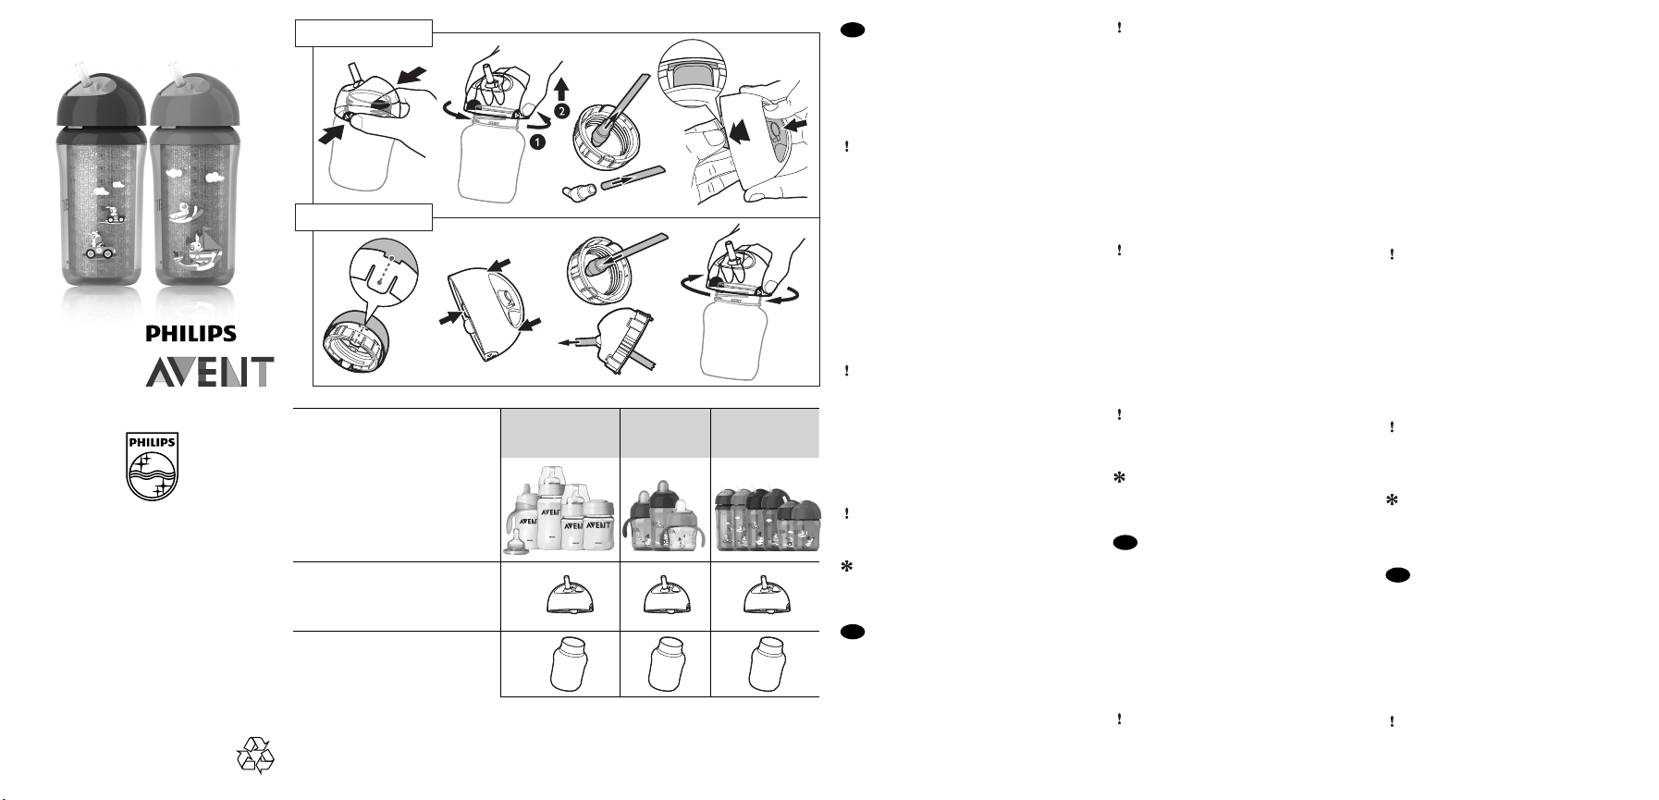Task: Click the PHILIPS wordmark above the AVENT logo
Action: (191, 334)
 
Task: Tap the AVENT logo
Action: (210, 372)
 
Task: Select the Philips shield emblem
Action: (152, 467)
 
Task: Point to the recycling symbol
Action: (255, 755)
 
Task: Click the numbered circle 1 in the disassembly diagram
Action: (536, 143)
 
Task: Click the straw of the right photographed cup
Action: (174, 74)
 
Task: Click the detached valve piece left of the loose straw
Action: (579, 191)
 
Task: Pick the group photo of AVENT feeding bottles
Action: (559, 510)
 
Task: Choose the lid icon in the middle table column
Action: (665, 596)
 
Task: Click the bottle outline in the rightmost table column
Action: (767, 663)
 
